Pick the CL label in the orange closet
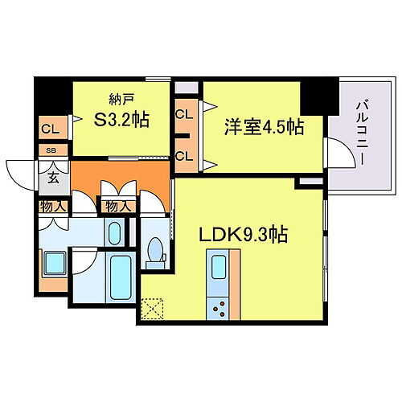pyautogui.click(x=50, y=128)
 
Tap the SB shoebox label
pyautogui.click(x=51, y=150)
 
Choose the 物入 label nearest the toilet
pyautogui.click(x=116, y=207)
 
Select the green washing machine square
pyautogui.click(x=53, y=263)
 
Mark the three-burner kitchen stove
pyautogui.click(x=217, y=306)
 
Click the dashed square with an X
pyautogui.click(x=151, y=309)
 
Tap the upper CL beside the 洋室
pyautogui.click(x=184, y=114)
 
